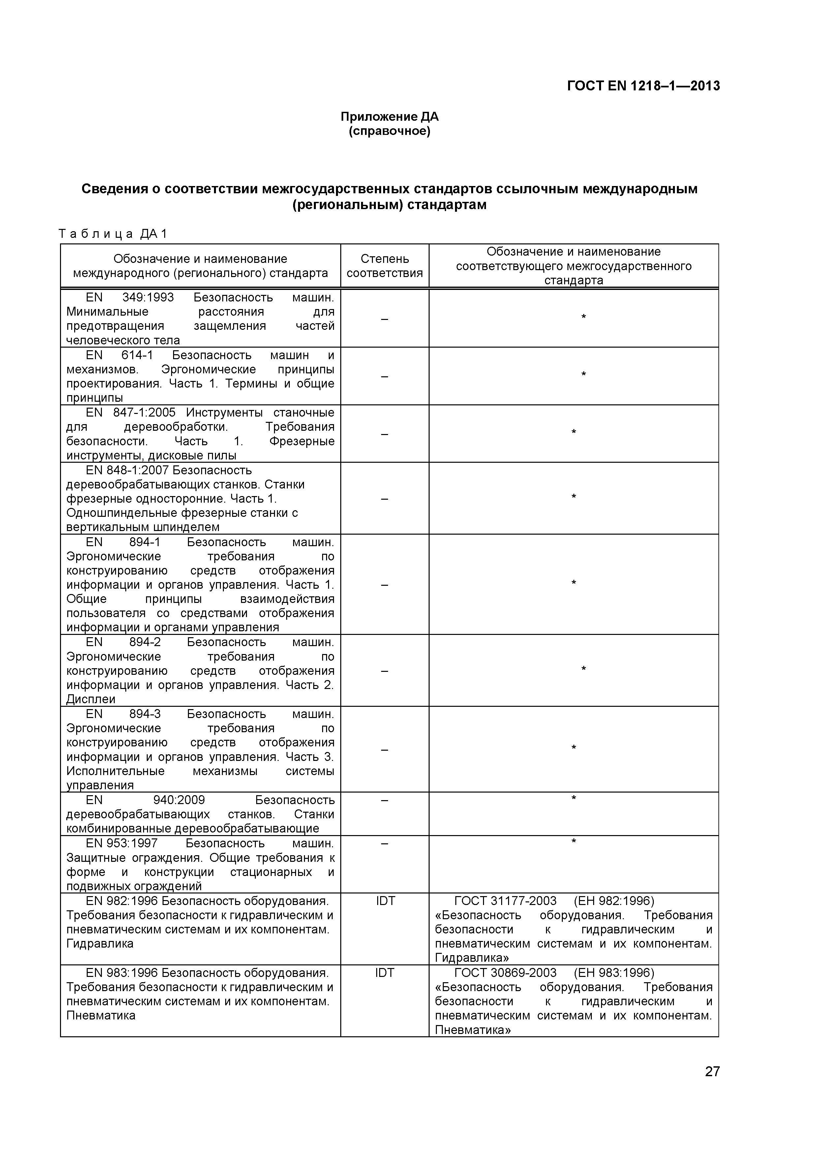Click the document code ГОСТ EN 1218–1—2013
pos(643,86)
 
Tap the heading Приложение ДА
pos(389,117)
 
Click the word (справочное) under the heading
pos(389,132)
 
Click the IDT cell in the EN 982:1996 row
pos(385,900)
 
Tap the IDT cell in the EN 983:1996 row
pos(384,973)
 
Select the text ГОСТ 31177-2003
pos(505,900)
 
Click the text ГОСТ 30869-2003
pos(505,973)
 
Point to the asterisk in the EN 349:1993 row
pos(583,317)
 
